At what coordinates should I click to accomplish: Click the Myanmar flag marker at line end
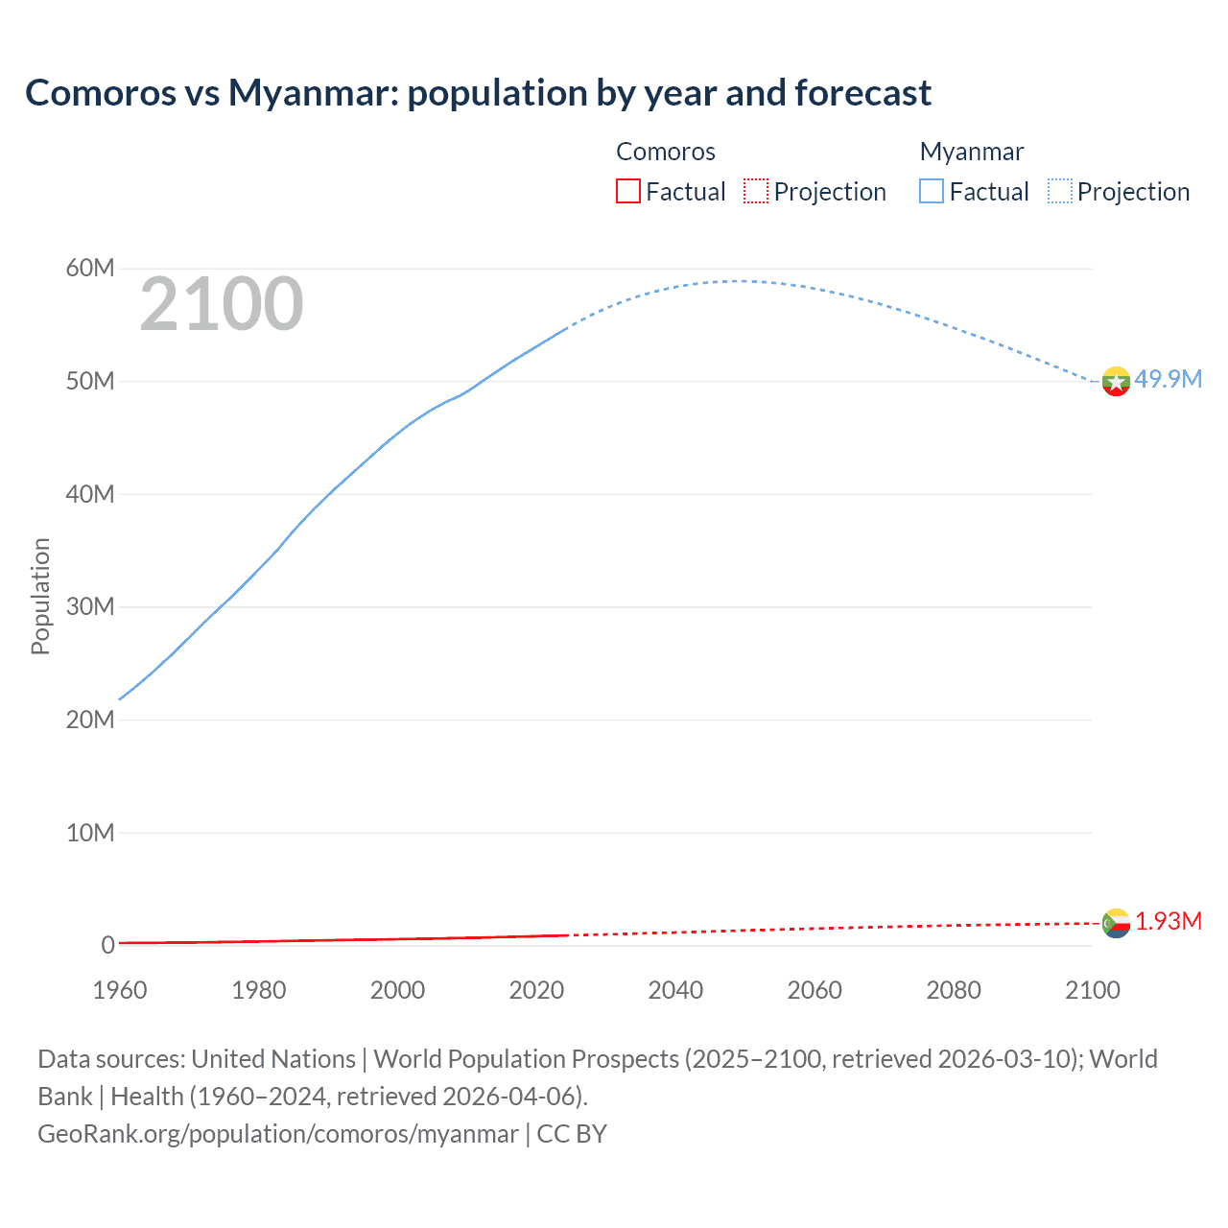tap(1116, 381)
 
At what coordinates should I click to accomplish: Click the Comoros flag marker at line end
tap(1116, 923)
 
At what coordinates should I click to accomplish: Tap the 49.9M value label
tap(1168, 379)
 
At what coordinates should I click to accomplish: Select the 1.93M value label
tap(1169, 921)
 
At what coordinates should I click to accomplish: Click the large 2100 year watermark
tap(222, 304)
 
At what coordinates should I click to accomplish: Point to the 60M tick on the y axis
tap(90, 268)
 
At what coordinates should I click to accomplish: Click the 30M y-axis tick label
tap(90, 606)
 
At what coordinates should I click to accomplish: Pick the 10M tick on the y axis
tap(90, 833)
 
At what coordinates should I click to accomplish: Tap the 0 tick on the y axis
tap(107, 945)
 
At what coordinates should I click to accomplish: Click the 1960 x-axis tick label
tap(120, 990)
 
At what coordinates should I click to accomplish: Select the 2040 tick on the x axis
tap(675, 990)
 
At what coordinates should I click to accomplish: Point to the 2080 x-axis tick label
tap(954, 990)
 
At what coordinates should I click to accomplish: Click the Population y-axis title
tap(40, 596)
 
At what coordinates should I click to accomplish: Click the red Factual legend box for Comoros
tap(627, 191)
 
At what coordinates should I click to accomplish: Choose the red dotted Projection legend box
tap(756, 191)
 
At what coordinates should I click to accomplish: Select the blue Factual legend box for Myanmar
tap(932, 191)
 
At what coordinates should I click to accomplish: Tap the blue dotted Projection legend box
tap(1060, 191)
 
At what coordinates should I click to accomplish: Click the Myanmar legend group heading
tap(972, 152)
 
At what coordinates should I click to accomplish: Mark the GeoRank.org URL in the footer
tap(278, 1133)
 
